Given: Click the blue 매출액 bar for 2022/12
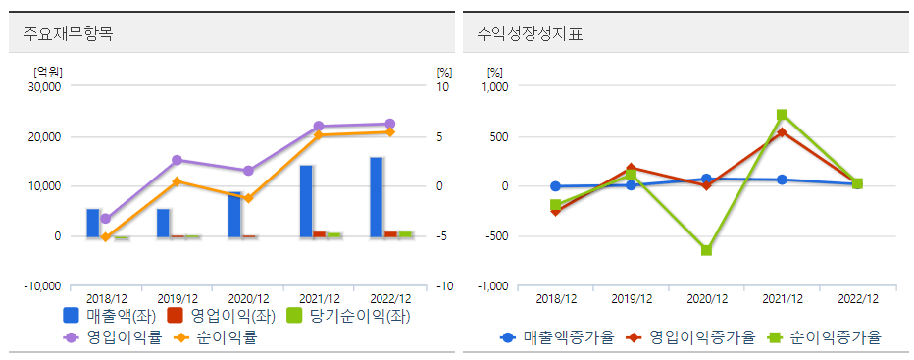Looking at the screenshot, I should pyautogui.click(x=377, y=196).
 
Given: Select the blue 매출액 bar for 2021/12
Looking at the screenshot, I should pyautogui.click(x=306, y=200).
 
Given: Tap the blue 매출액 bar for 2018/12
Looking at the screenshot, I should pyautogui.click(x=93, y=223).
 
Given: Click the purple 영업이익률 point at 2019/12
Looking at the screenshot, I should pyautogui.click(x=177, y=160).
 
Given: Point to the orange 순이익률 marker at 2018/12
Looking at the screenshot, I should pyautogui.click(x=105, y=237).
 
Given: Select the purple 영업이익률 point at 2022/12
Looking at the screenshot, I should pyautogui.click(x=389, y=124).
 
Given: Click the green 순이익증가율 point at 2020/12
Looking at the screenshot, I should pyautogui.click(x=706, y=250).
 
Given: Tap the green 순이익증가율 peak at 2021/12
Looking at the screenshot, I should pyautogui.click(x=782, y=115).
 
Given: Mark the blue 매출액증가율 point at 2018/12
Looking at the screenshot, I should pyautogui.click(x=555, y=186).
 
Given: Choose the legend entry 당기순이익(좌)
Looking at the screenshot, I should pyautogui.click(x=347, y=316).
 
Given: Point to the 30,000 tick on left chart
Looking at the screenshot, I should pyautogui.click(x=45, y=86).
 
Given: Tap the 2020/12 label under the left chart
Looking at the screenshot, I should pyautogui.click(x=247, y=298).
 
